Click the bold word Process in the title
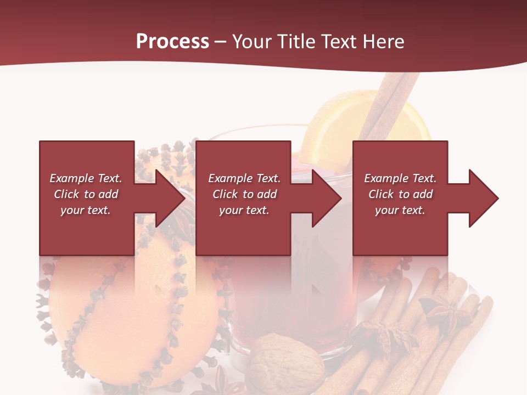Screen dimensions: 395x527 (172, 41)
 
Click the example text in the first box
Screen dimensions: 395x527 (86, 194)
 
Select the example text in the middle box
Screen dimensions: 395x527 (244, 194)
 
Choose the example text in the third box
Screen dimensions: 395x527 (400, 194)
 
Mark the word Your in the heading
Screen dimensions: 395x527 (252, 41)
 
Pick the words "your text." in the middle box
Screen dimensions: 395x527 (244, 210)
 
